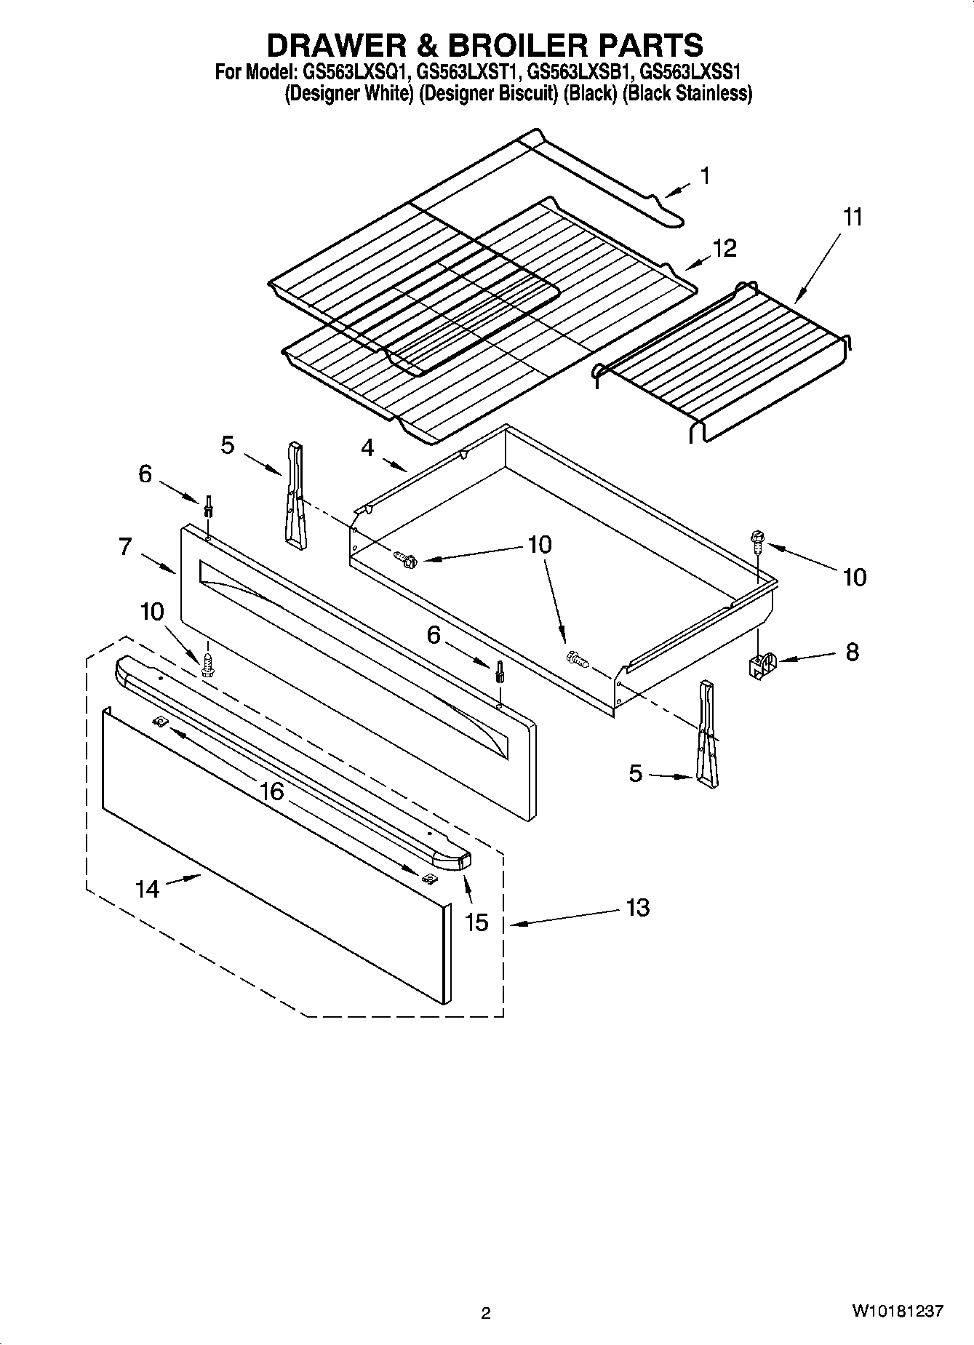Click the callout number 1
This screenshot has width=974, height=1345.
pyautogui.click(x=704, y=176)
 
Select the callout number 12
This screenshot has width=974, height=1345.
pyautogui.click(x=724, y=248)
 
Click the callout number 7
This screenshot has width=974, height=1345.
pyautogui.click(x=126, y=546)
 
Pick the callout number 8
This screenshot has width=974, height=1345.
pyautogui.click(x=851, y=651)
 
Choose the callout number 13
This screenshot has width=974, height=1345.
pyautogui.click(x=637, y=908)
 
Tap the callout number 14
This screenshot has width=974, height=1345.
pyautogui.click(x=147, y=888)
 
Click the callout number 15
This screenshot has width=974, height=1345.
pyautogui.click(x=476, y=922)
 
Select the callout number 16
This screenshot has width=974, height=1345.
pyautogui.click(x=271, y=791)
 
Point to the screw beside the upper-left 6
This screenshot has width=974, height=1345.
pyautogui.click(x=209, y=505)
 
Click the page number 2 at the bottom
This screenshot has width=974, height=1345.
pyautogui.click(x=486, y=1313)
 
